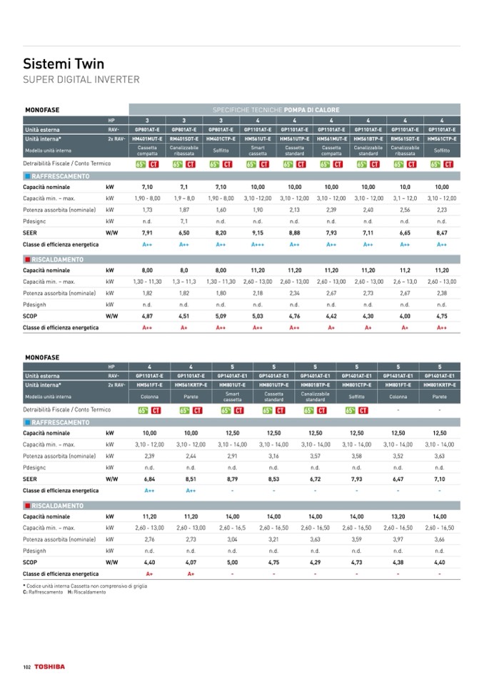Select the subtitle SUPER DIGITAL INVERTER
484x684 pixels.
pos(81,79)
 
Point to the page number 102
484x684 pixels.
pos(27,666)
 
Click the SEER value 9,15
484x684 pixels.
pos(258,233)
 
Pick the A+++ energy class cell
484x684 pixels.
pos(258,244)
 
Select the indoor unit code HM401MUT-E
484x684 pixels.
pos(147,139)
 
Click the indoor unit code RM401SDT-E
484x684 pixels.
pos(184,139)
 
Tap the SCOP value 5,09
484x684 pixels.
pos(221,315)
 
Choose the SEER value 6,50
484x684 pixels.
pos(184,233)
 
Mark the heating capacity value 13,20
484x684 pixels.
pos(398,516)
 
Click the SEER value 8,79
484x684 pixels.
pos(232,479)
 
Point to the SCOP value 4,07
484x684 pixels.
pos(191,562)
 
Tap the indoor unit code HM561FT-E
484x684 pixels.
pos(149,384)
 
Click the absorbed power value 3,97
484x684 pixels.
pos(398,539)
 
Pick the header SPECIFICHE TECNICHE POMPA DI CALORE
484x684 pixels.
pos(275,110)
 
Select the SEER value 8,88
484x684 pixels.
pos(294,233)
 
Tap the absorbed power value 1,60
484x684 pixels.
pos(221,210)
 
